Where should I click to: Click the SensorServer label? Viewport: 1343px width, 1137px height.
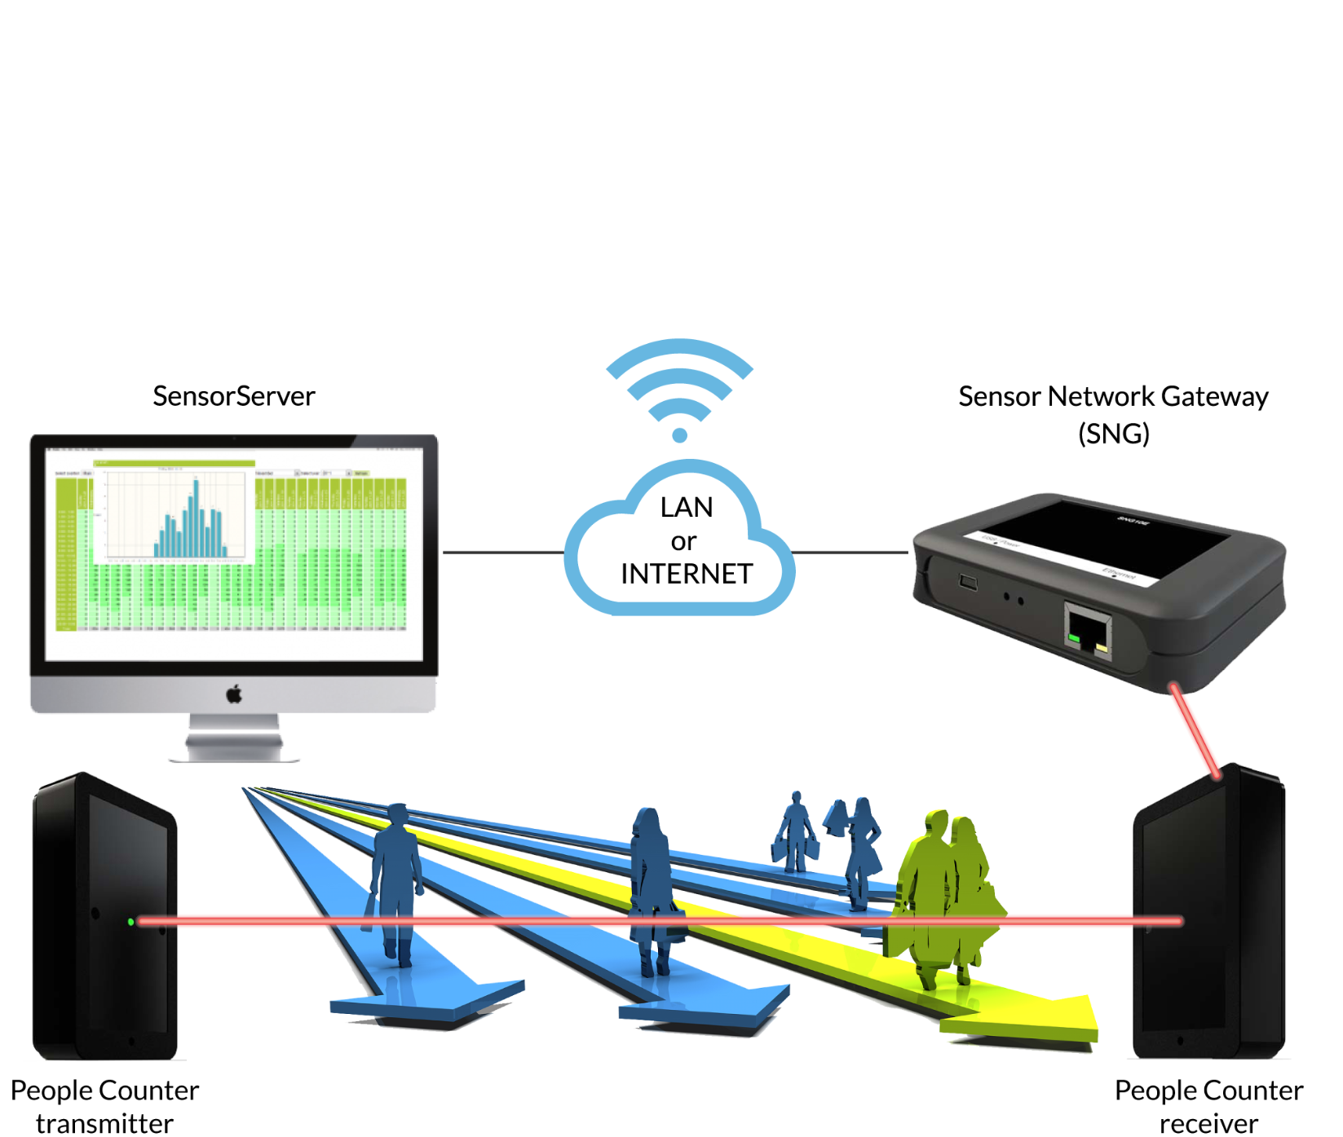click(x=234, y=396)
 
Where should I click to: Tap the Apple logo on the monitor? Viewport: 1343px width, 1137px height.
click(x=234, y=694)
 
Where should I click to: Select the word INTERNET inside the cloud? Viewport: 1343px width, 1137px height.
click(x=687, y=574)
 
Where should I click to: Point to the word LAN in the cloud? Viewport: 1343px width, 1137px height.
click(x=687, y=507)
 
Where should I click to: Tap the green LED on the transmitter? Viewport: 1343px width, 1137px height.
click(x=130, y=922)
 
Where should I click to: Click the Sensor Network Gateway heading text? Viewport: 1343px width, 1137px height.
click(x=1113, y=396)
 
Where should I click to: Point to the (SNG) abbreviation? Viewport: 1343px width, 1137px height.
click(x=1113, y=434)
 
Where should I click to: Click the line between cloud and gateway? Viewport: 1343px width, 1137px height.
click(x=850, y=552)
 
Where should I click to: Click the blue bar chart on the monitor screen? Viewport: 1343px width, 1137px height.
click(x=189, y=522)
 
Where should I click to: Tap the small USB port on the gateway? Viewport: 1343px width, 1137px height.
click(x=968, y=582)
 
